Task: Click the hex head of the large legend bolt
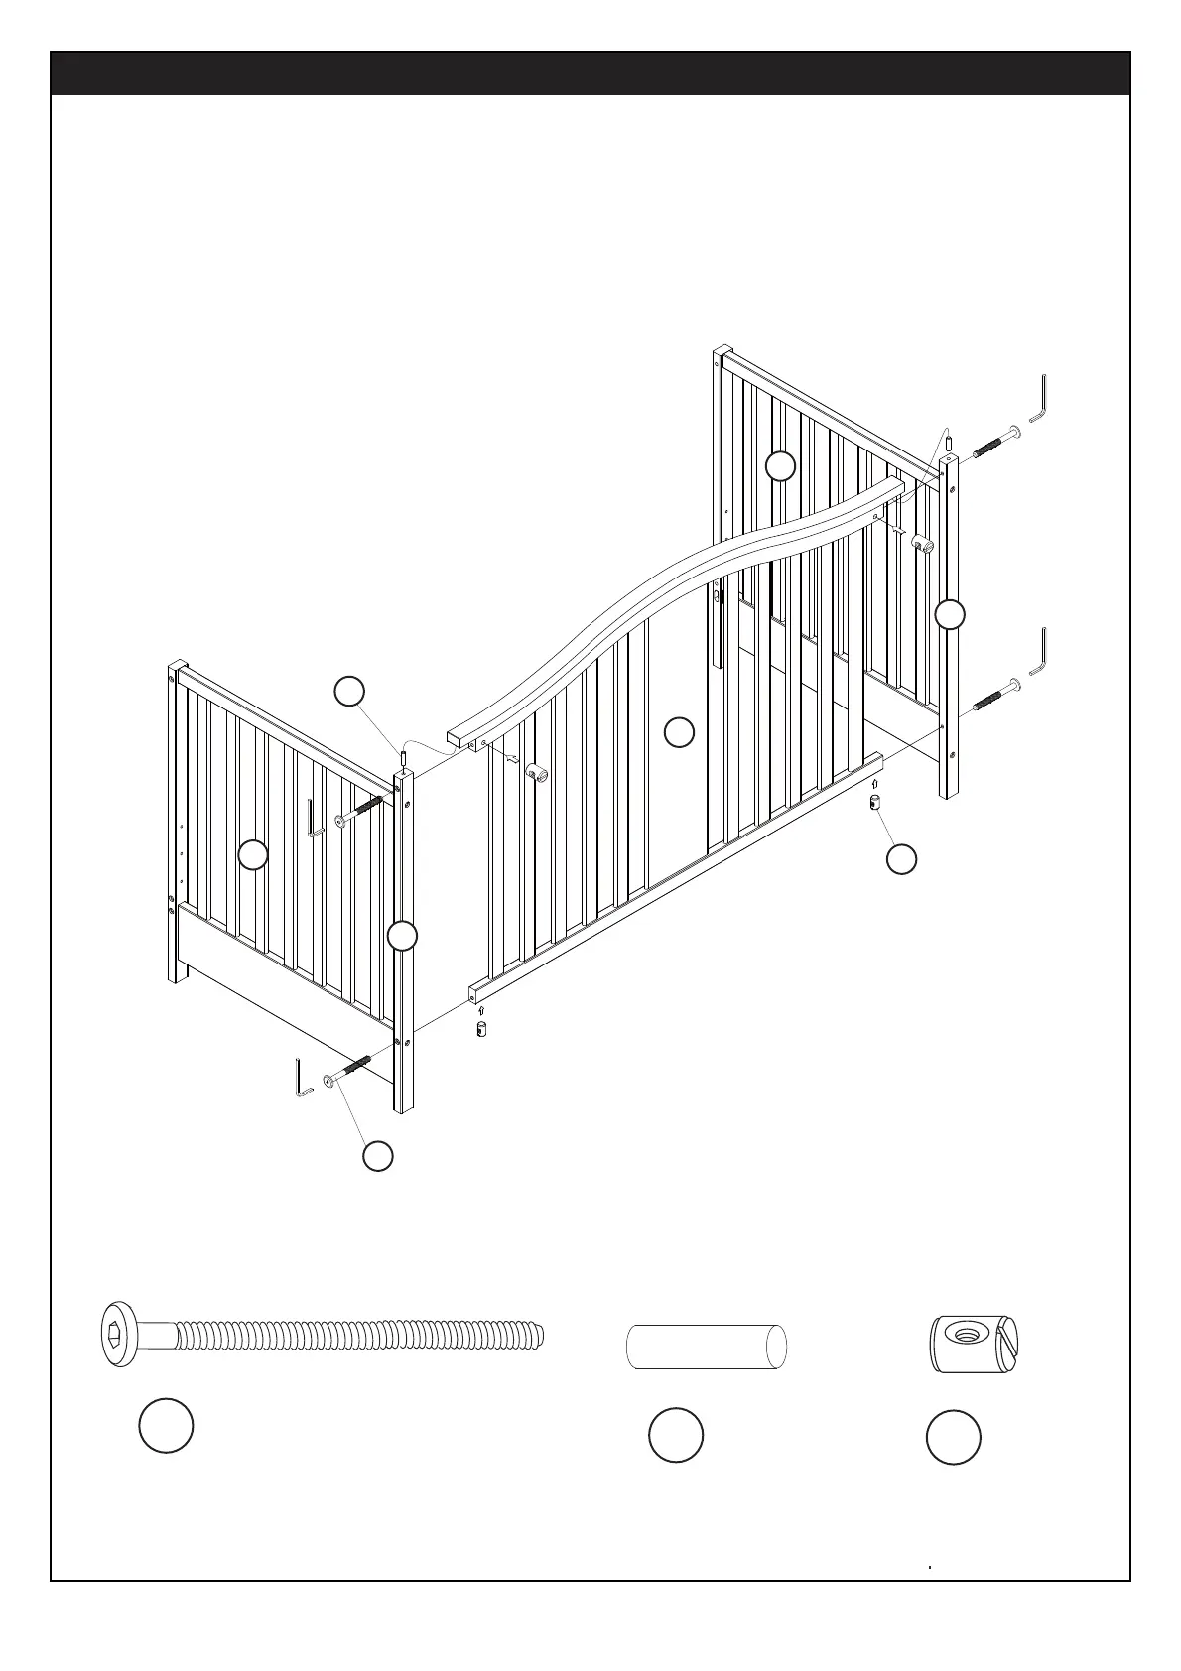[118, 1335]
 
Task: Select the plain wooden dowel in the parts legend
[706, 1347]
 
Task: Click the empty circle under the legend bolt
[166, 1426]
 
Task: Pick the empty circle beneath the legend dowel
[676, 1434]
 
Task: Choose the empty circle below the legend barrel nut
[954, 1437]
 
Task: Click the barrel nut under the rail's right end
[876, 802]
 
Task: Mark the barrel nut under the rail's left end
[481, 1028]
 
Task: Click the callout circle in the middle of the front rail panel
[679, 732]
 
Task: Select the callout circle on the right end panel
[781, 465]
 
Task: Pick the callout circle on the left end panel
[254, 854]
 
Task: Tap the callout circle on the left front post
[402, 936]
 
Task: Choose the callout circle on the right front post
[950, 615]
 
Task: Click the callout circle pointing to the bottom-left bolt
[377, 1156]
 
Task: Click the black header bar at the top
[590, 73]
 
